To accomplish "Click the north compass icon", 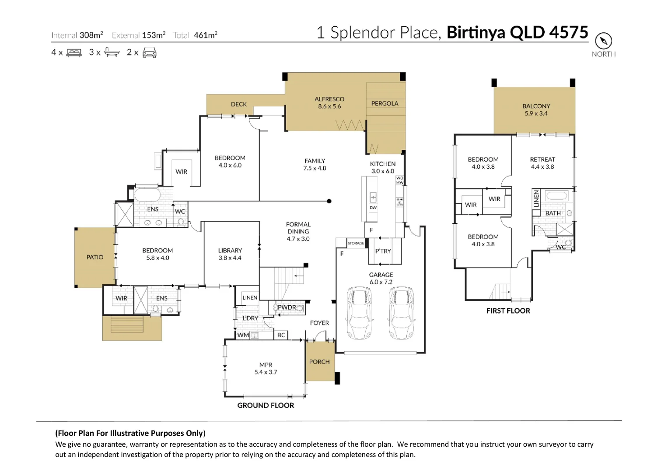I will [603, 41].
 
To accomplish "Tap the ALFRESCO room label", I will [329, 99].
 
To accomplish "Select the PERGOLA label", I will [385, 104].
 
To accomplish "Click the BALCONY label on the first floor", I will [536, 106].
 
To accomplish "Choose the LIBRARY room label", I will [230, 251].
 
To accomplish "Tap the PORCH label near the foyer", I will [319, 362].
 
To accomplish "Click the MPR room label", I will [266, 365].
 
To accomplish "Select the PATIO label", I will [94, 258].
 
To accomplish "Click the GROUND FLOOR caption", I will [266, 406].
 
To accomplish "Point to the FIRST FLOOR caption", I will [508, 311].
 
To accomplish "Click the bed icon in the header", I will [74, 53].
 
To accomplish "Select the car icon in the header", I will [150, 53].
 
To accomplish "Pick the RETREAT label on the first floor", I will [542, 160].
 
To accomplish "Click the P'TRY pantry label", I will [383, 251].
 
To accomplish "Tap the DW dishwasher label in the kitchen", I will [373, 208].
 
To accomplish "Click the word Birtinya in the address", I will [476, 33].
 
